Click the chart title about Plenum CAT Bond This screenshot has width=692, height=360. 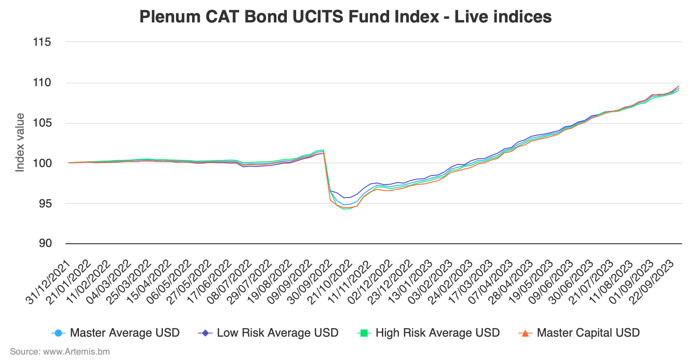pyautogui.click(x=345, y=17)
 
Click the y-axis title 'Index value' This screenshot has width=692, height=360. pyautogui.click(x=20, y=142)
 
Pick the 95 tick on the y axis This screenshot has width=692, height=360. pyautogui.click(x=44, y=203)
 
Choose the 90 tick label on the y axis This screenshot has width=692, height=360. pyautogui.click(x=44, y=243)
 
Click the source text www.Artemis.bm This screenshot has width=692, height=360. pyautogui.click(x=60, y=351)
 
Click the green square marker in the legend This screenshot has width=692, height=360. pyautogui.click(x=364, y=333)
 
